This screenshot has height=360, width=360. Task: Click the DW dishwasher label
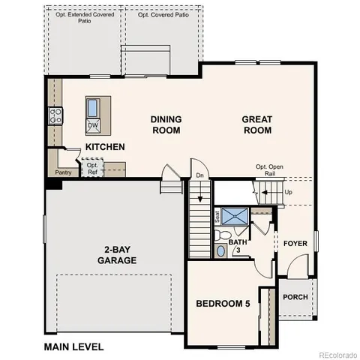click(x=93, y=124)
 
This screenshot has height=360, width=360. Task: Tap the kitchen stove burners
click(x=55, y=115)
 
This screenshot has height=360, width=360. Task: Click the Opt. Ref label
click(x=92, y=169)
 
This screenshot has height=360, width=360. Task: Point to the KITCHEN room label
click(x=105, y=147)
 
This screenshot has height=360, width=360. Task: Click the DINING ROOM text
click(x=166, y=124)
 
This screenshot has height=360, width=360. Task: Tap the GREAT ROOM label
click(x=256, y=124)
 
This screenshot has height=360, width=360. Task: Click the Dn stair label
click(x=199, y=174)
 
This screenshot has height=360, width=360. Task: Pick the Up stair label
click(x=289, y=192)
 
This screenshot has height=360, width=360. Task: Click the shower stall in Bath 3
click(x=237, y=217)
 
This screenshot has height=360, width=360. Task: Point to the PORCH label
click(x=295, y=297)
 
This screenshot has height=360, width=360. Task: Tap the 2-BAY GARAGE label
click(x=116, y=255)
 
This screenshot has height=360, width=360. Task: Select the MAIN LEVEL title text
click(x=73, y=346)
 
